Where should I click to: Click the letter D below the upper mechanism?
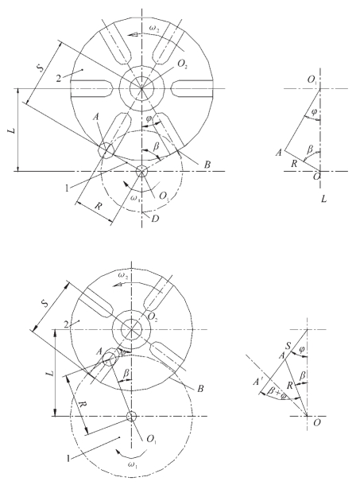(x=155, y=219)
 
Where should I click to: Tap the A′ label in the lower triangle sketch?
(x=258, y=382)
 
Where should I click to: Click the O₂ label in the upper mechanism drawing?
(x=182, y=64)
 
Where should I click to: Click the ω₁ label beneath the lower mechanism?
(x=132, y=465)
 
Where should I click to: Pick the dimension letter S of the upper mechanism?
(x=41, y=68)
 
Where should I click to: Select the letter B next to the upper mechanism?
(x=207, y=165)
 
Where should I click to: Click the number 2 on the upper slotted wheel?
(x=59, y=78)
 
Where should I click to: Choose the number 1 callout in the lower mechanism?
(x=68, y=459)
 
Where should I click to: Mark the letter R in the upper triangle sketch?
(x=294, y=164)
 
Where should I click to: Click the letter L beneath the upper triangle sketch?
(x=324, y=199)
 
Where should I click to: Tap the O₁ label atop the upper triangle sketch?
(x=312, y=80)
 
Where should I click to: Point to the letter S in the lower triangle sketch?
(x=288, y=346)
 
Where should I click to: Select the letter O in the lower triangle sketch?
(x=316, y=423)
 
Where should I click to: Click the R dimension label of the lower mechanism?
(x=83, y=407)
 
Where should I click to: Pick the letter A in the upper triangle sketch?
(x=279, y=153)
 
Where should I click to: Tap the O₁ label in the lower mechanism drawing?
(x=152, y=440)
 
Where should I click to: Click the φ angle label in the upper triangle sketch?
(x=314, y=111)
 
